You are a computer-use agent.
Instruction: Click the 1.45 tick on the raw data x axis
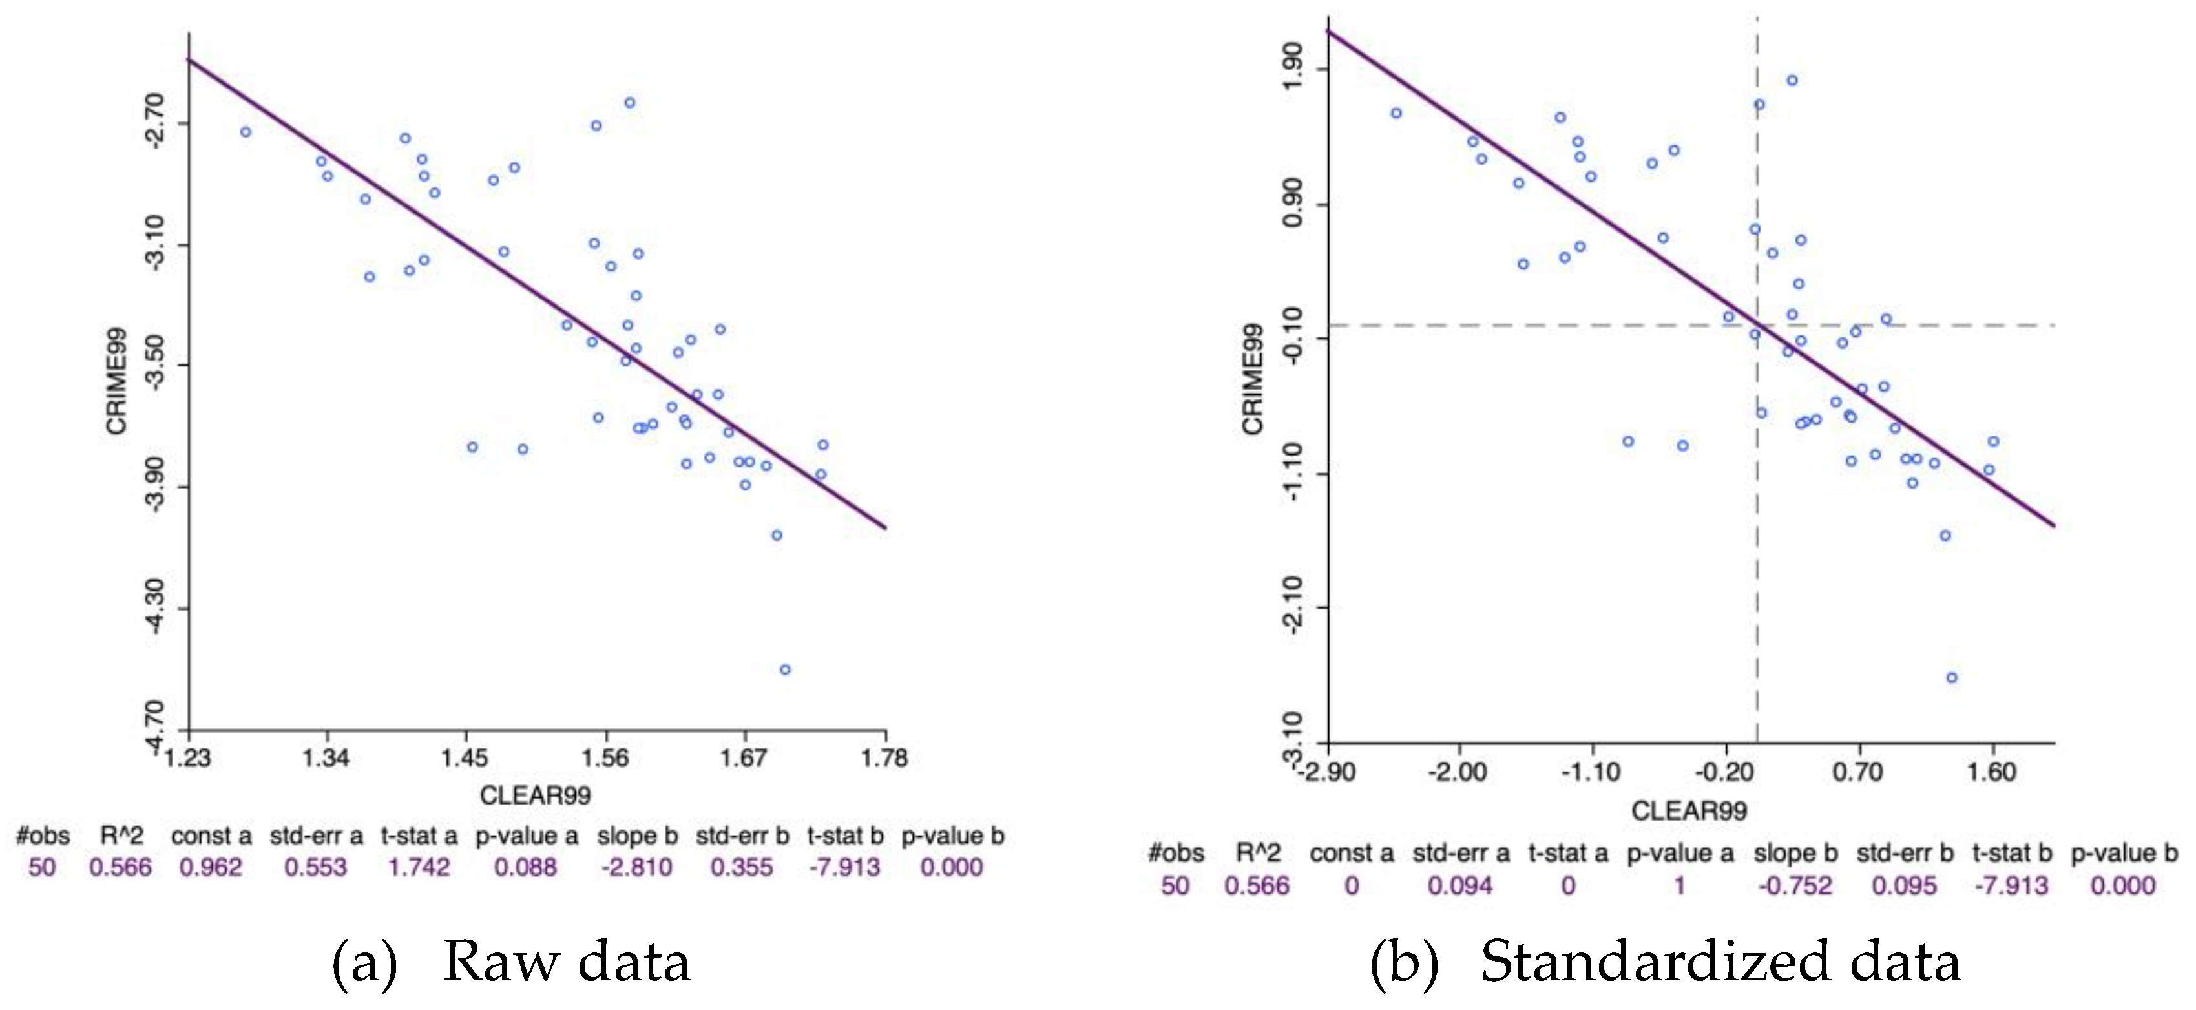coord(465,757)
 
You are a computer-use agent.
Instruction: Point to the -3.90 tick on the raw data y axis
coord(154,487)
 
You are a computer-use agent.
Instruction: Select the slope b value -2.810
coord(637,868)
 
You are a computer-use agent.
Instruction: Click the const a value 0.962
coord(211,868)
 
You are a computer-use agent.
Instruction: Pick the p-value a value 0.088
coord(525,868)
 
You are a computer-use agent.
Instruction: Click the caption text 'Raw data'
coord(566,962)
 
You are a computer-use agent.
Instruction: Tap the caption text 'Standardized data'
coord(1720,962)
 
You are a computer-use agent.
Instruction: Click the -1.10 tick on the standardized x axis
coord(1591,772)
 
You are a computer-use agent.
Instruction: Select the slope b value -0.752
coord(1795,885)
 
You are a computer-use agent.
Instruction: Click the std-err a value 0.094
coord(1460,885)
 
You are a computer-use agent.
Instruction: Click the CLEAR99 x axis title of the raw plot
coord(536,796)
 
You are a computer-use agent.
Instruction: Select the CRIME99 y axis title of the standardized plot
coord(1252,379)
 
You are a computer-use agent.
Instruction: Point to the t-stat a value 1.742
coord(419,868)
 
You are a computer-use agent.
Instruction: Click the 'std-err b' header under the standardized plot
coord(1905,853)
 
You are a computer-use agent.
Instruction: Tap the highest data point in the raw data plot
coord(630,102)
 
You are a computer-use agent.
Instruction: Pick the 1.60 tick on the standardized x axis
coord(1992,772)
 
